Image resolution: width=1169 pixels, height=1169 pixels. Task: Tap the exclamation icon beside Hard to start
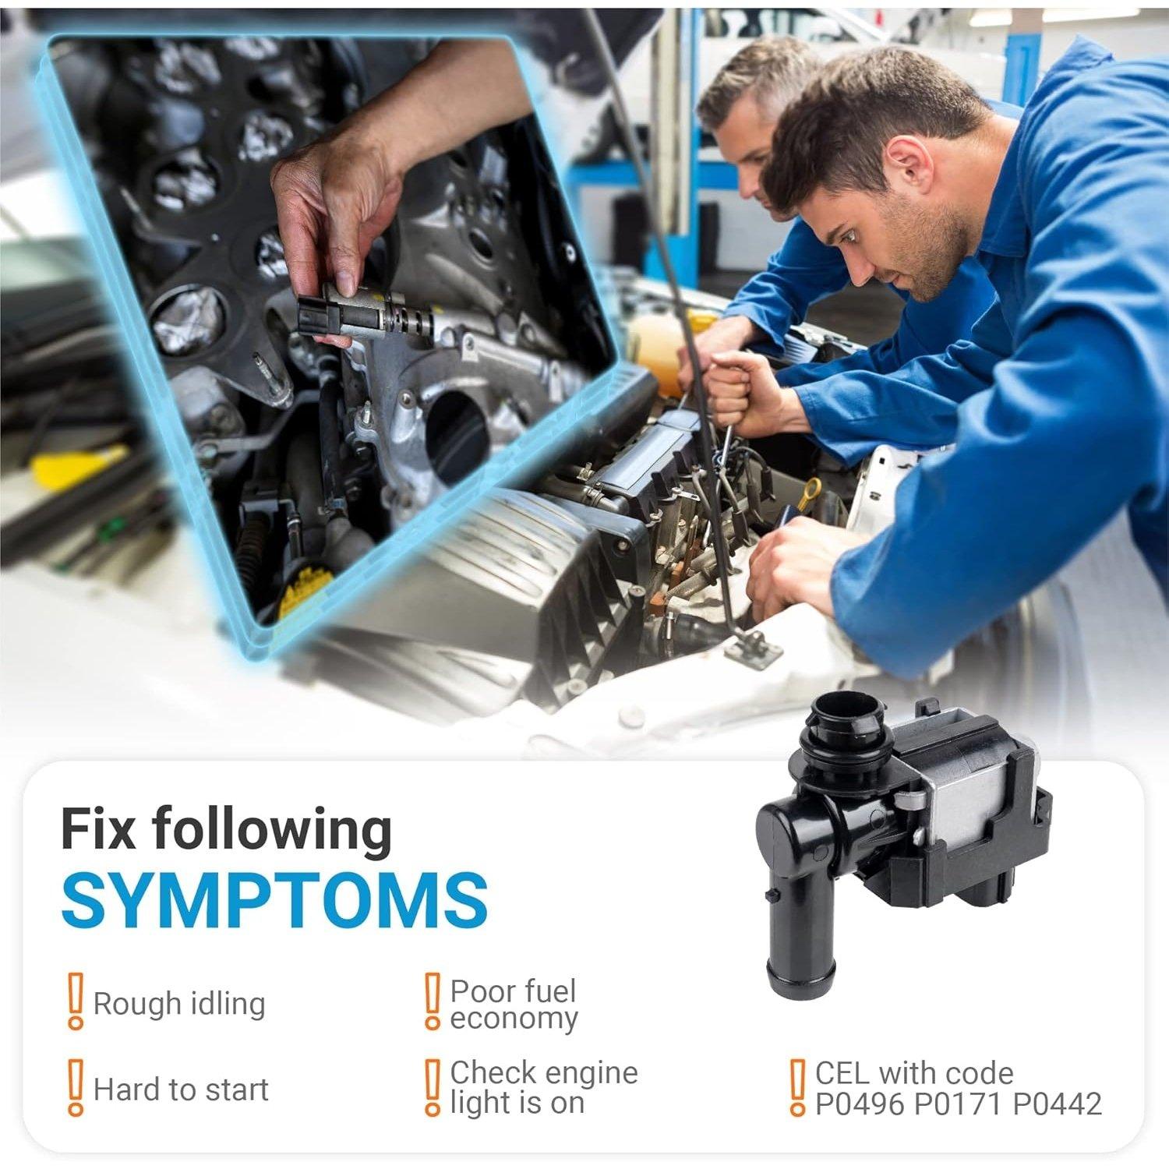(75, 1087)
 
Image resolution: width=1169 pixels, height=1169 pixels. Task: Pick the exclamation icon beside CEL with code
(796, 1087)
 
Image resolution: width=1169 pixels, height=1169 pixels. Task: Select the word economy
(514, 1020)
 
